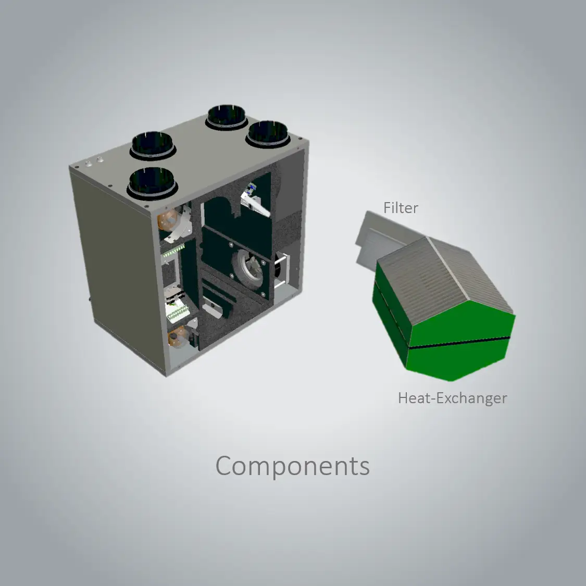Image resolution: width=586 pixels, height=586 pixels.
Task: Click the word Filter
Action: pyautogui.click(x=401, y=208)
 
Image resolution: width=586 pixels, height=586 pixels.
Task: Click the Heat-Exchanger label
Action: pyautogui.click(x=453, y=398)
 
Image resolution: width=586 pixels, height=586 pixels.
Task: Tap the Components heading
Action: pyautogui.click(x=293, y=466)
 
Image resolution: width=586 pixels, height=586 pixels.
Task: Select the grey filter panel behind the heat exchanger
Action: pyautogui.click(x=378, y=239)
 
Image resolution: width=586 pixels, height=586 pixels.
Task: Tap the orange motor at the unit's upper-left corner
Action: pyautogui.click(x=169, y=220)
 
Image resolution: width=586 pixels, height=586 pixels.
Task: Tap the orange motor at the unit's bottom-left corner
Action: pyautogui.click(x=178, y=336)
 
